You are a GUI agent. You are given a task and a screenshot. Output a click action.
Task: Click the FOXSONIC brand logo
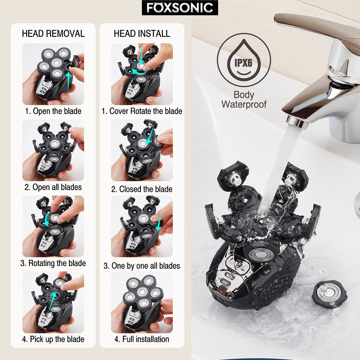click(180, 8)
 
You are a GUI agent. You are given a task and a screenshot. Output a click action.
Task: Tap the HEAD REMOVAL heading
click(53, 34)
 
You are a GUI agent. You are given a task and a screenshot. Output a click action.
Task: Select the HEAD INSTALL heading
click(142, 34)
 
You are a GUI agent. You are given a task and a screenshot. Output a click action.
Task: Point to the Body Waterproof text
click(244, 100)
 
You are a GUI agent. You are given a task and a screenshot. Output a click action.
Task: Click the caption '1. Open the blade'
click(53, 111)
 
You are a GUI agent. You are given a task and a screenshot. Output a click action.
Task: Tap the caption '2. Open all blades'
click(53, 187)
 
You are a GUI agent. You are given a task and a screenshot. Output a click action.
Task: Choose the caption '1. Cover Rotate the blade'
click(142, 111)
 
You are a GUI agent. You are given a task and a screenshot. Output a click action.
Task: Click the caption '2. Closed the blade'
click(142, 189)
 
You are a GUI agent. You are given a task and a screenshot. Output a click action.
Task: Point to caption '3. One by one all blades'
click(142, 266)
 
